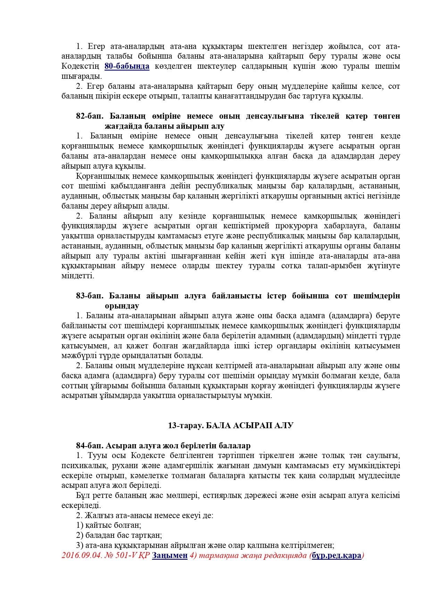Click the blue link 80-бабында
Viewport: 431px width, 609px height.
click(127, 66)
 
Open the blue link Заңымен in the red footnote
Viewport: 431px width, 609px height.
click(170, 555)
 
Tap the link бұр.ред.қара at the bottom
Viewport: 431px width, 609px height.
click(337, 555)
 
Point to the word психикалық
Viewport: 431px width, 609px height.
click(80, 465)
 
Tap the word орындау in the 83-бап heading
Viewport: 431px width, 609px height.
click(122, 306)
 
